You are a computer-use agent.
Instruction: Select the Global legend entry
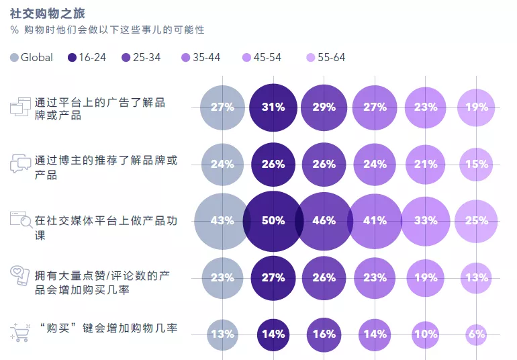tap(32, 58)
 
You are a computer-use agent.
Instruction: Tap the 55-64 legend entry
tap(325, 58)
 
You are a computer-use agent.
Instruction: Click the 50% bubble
tap(273, 221)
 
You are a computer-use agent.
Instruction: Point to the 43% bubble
tap(222, 221)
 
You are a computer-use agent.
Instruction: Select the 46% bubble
tap(324, 221)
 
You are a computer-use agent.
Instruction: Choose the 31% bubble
tap(273, 107)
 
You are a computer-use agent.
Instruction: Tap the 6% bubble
tap(476, 334)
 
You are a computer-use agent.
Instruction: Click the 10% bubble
tap(426, 334)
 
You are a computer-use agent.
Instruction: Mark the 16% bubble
tap(324, 334)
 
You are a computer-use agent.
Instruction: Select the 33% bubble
tap(426, 221)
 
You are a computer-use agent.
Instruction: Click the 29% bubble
tap(324, 107)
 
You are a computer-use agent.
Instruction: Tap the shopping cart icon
tap(21, 332)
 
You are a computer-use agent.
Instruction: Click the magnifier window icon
tap(21, 220)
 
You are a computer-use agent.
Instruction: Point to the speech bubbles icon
tap(21, 163)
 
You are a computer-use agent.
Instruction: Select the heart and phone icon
tap(21, 277)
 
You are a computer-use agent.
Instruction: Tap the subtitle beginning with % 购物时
tap(107, 30)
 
